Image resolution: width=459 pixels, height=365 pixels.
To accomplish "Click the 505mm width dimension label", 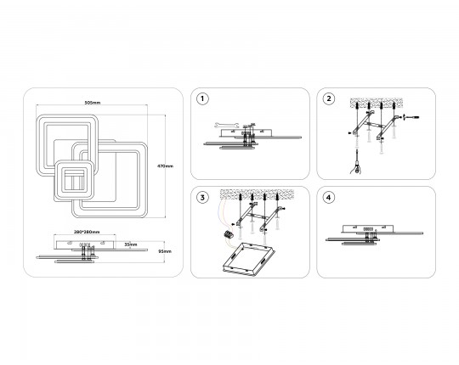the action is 92,103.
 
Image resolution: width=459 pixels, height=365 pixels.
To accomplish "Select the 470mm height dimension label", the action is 166,166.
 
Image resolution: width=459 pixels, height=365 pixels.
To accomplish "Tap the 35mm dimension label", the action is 131,244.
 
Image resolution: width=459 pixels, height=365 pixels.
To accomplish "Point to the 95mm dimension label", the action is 166,251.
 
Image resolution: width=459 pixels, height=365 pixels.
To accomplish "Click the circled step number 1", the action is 202,98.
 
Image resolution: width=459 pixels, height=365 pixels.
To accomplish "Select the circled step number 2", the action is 328,98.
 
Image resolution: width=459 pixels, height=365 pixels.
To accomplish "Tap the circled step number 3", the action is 202,198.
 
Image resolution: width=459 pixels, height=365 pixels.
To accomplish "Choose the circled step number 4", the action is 328,198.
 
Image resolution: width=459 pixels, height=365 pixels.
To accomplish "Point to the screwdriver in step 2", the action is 411,117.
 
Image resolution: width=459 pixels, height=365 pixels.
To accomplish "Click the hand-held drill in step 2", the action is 356,163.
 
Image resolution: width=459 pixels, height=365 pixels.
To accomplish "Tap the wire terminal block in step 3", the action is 229,234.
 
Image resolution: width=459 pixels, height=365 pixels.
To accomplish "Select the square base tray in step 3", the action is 248,258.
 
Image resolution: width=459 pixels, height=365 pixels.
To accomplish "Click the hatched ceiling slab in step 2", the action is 377,104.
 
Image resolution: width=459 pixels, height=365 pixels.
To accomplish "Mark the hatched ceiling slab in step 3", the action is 257,194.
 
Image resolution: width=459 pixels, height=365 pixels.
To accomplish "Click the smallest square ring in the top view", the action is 74,180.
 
